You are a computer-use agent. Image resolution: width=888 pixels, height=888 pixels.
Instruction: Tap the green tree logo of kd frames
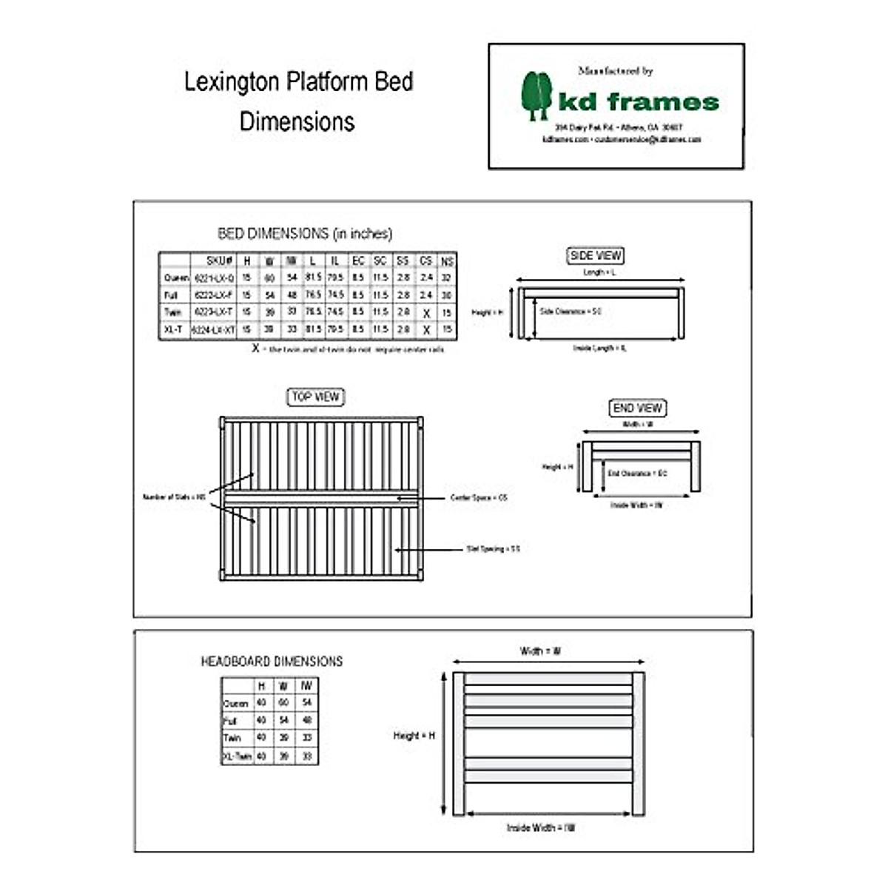[x=536, y=95]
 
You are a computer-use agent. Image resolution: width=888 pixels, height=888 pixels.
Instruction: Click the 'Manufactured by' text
[x=616, y=71]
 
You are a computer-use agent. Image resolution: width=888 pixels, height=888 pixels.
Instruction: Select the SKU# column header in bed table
[x=220, y=261]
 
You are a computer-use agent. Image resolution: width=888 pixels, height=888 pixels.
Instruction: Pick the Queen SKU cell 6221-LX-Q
[x=214, y=278]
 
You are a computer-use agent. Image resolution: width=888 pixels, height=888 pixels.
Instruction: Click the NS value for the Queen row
[x=447, y=278]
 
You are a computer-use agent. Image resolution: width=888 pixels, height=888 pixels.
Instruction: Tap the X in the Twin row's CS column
[x=426, y=314]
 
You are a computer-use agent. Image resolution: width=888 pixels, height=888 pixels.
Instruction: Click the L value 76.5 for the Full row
[x=313, y=295]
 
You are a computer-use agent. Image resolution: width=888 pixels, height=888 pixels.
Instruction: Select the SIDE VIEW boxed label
[x=596, y=256]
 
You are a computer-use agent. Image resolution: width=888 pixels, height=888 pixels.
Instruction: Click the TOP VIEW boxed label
[x=315, y=397]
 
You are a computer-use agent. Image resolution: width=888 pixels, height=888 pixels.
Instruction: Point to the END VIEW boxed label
[x=638, y=408]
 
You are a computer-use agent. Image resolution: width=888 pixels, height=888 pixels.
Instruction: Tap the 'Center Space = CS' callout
[x=479, y=498]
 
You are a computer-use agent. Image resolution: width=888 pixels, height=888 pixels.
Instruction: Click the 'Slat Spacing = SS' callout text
[x=493, y=549]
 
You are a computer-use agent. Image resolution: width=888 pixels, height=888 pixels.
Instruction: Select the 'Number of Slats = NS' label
[x=174, y=497]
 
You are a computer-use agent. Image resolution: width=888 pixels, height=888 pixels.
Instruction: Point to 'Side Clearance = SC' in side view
[x=571, y=312]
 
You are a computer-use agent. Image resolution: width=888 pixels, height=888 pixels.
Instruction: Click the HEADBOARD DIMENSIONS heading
[x=272, y=662]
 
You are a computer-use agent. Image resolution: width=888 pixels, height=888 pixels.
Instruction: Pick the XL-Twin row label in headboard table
[x=237, y=757]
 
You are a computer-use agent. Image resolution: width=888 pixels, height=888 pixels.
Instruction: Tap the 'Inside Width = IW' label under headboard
[x=541, y=828]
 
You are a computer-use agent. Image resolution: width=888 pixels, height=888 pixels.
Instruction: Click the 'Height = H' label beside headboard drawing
[x=414, y=736]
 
